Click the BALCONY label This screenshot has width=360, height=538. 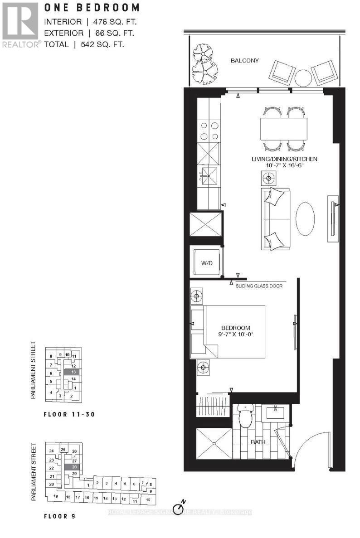coord(244,60)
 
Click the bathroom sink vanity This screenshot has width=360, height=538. coord(275,412)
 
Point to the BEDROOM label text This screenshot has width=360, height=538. coord(236,328)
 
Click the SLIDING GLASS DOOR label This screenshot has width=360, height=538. coord(258,286)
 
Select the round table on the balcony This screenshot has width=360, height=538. coord(302,77)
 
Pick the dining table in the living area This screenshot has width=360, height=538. coord(284,129)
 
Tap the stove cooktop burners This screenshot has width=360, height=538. coord(208,131)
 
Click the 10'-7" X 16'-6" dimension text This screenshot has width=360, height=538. coord(284,166)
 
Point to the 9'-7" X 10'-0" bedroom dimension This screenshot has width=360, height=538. coord(236,336)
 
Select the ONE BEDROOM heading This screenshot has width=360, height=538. coord(91,8)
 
